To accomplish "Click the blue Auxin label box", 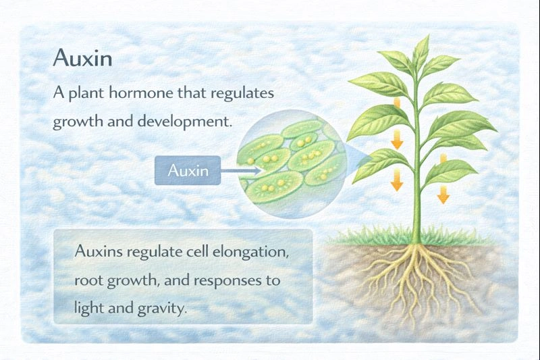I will (x=187, y=171).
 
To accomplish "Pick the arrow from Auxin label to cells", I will (x=240, y=171).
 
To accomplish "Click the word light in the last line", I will (x=87, y=309).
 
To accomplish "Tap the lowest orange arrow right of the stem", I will (x=443, y=195).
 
